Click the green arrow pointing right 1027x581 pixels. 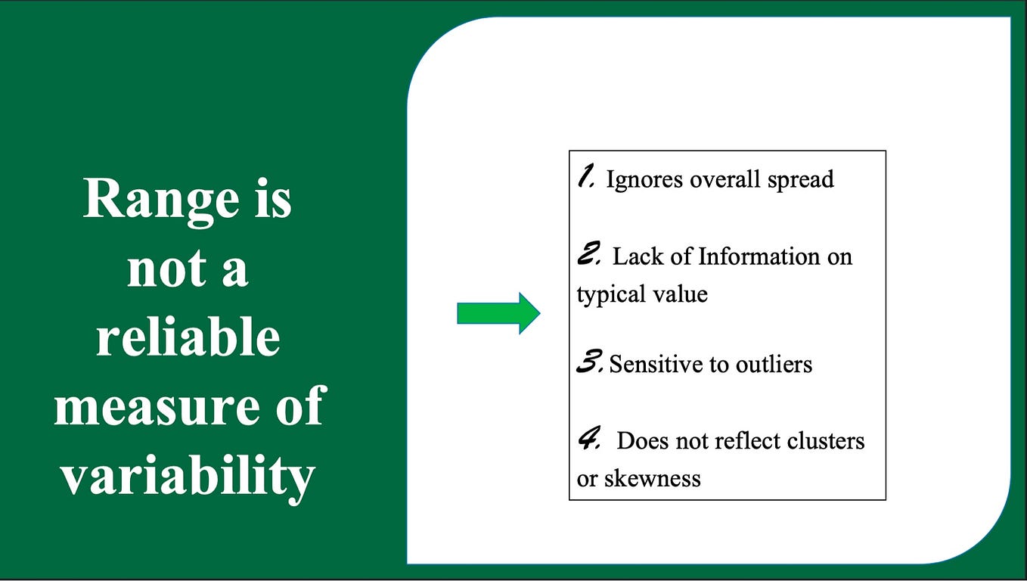(x=498, y=312)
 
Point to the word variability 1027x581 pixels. (x=188, y=476)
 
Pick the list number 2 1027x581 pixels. (x=588, y=255)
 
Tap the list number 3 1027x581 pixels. (x=590, y=364)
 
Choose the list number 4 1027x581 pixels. (x=589, y=440)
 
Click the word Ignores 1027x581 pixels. (x=644, y=179)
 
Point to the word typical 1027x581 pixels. (x=603, y=294)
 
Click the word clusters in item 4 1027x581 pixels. (x=824, y=440)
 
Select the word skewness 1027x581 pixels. (x=652, y=478)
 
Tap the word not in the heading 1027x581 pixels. (x=157, y=269)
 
